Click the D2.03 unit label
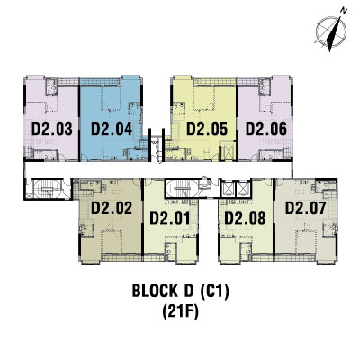tap(52, 130)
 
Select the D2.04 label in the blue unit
tap(112, 130)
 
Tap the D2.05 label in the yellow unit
tap(207, 130)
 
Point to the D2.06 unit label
tap(266, 130)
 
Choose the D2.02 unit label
tap(112, 208)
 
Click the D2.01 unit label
tap(170, 218)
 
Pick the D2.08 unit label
tap(245, 218)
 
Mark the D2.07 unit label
tap(305, 208)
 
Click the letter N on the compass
tap(344, 11)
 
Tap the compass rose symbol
tap(331, 31)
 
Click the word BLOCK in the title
tap(155, 291)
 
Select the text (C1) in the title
tap(214, 291)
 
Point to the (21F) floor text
tap(180, 312)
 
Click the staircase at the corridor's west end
tap(48, 189)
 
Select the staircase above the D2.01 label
tap(181, 189)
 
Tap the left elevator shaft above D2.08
tap(229, 189)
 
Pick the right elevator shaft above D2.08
tap(243, 189)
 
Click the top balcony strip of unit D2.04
tap(100, 82)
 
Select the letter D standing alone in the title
tap(188, 291)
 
